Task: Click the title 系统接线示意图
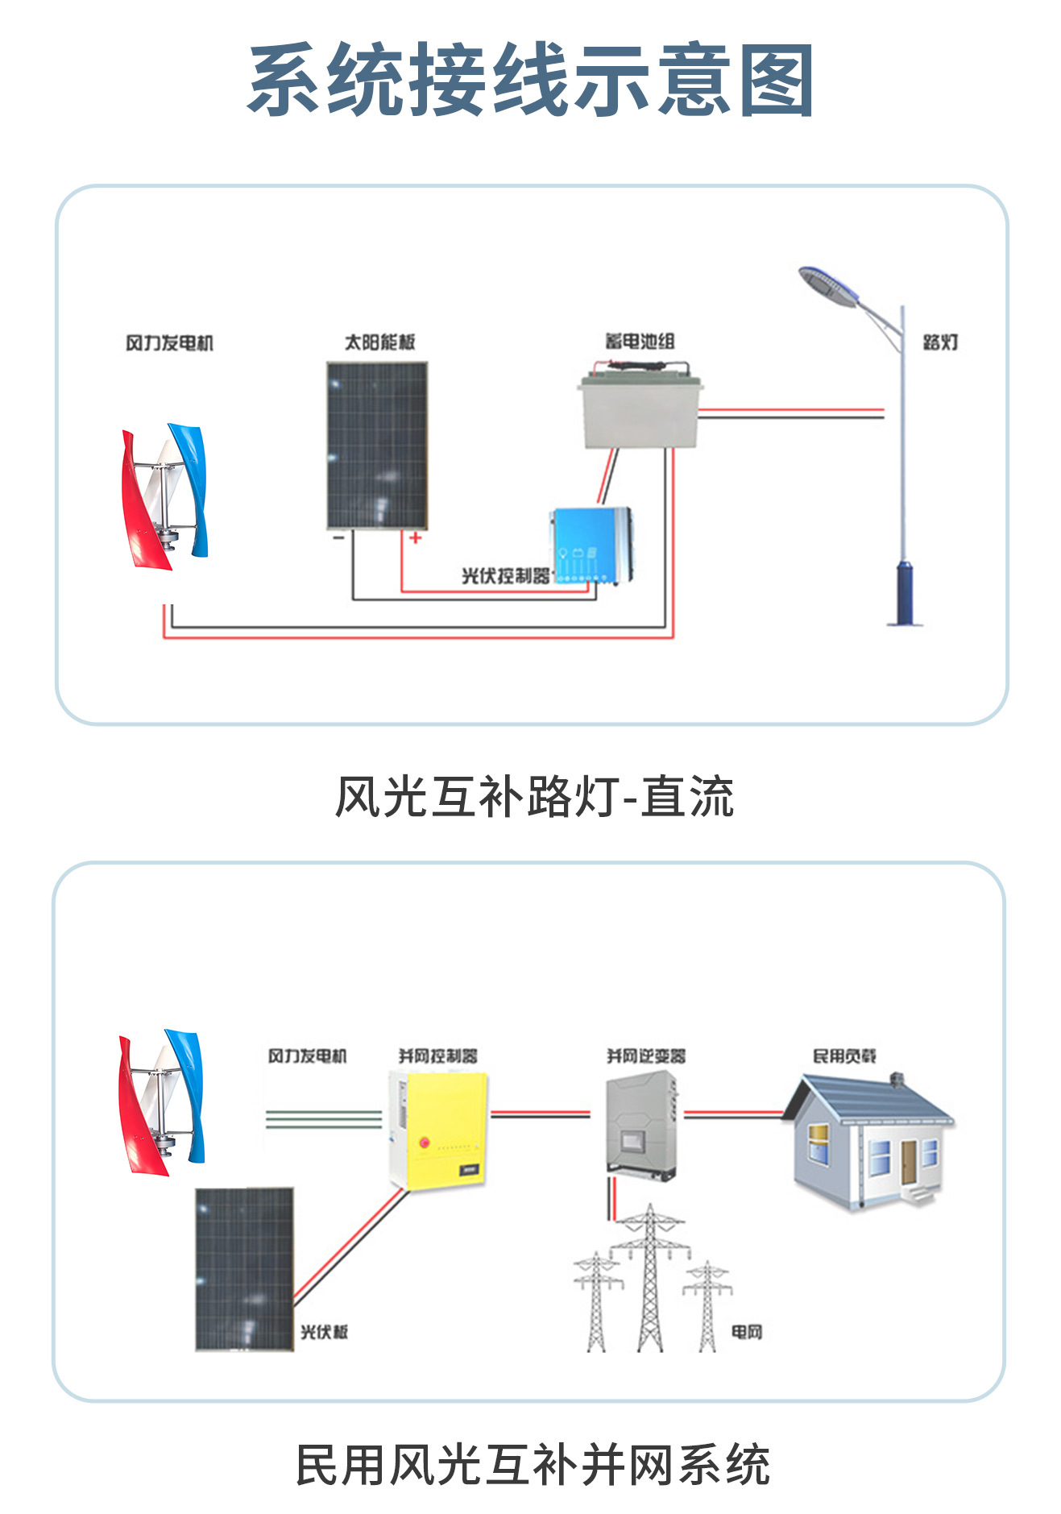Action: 530,80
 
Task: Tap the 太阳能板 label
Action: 379,342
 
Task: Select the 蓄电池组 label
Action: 640,342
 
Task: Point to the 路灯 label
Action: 940,342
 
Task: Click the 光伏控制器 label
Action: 505,575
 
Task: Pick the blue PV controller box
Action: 591,545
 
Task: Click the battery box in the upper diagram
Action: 640,412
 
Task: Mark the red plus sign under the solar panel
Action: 415,537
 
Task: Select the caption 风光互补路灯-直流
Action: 533,797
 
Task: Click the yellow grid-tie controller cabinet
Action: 438,1127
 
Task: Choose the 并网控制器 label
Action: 437,1056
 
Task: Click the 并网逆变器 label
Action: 646,1056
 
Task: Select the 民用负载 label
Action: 844,1056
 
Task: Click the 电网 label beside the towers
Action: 746,1332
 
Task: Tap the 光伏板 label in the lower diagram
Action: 324,1332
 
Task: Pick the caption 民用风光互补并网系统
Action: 533,1464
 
